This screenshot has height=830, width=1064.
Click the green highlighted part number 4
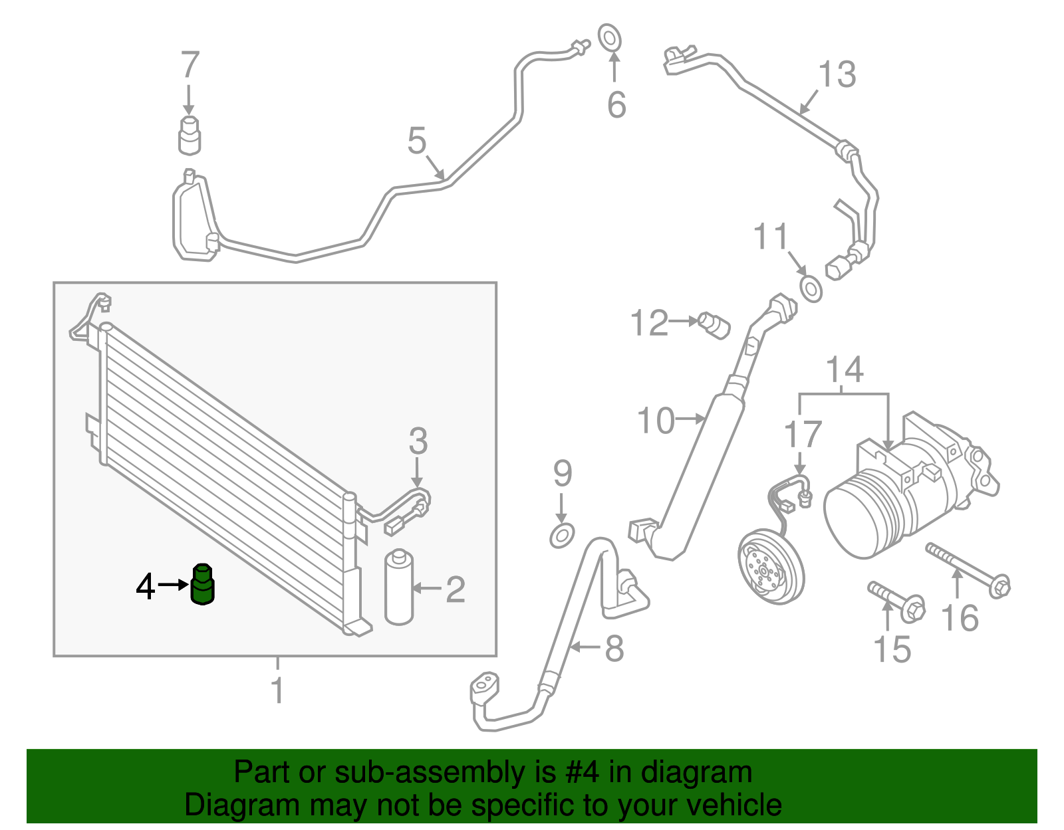point(202,585)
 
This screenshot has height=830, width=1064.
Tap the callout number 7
point(190,65)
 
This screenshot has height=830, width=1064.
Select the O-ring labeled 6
point(609,37)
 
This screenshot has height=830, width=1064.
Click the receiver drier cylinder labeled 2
point(399,587)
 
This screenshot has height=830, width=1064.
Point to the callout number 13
point(837,74)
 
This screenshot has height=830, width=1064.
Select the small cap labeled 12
point(716,325)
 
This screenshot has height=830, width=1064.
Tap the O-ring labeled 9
point(562,534)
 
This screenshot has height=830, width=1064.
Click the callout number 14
point(845,370)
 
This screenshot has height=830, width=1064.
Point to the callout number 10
point(656,421)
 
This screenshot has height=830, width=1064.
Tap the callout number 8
point(614,648)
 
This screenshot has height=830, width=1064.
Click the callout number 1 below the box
point(277,690)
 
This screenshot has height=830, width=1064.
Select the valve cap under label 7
point(190,134)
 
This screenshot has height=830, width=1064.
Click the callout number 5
point(416,141)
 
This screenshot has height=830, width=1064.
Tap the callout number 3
point(418,441)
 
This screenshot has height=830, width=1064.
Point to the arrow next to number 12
point(682,321)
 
